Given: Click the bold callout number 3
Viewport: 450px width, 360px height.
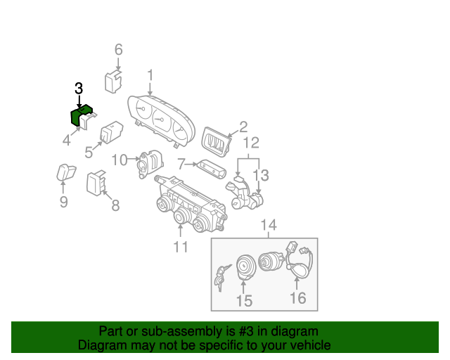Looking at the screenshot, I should pyautogui.click(x=79, y=89).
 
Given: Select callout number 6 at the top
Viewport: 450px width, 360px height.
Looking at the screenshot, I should pyautogui.click(x=118, y=49).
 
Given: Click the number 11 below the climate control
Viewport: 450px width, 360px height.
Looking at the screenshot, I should pyautogui.click(x=181, y=247).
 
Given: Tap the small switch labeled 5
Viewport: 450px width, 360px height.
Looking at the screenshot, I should pyautogui.click(x=111, y=133).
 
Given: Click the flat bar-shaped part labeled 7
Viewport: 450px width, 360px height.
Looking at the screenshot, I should pyautogui.click(x=210, y=168).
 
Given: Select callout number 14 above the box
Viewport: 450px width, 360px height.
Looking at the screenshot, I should pyautogui.click(x=269, y=225).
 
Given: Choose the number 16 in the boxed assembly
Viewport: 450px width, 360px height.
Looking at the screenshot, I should pyautogui.click(x=298, y=298).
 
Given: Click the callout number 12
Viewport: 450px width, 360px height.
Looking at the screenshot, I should pyautogui.click(x=251, y=143).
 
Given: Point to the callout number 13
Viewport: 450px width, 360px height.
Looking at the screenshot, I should pyautogui.click(x=261, y=174).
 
